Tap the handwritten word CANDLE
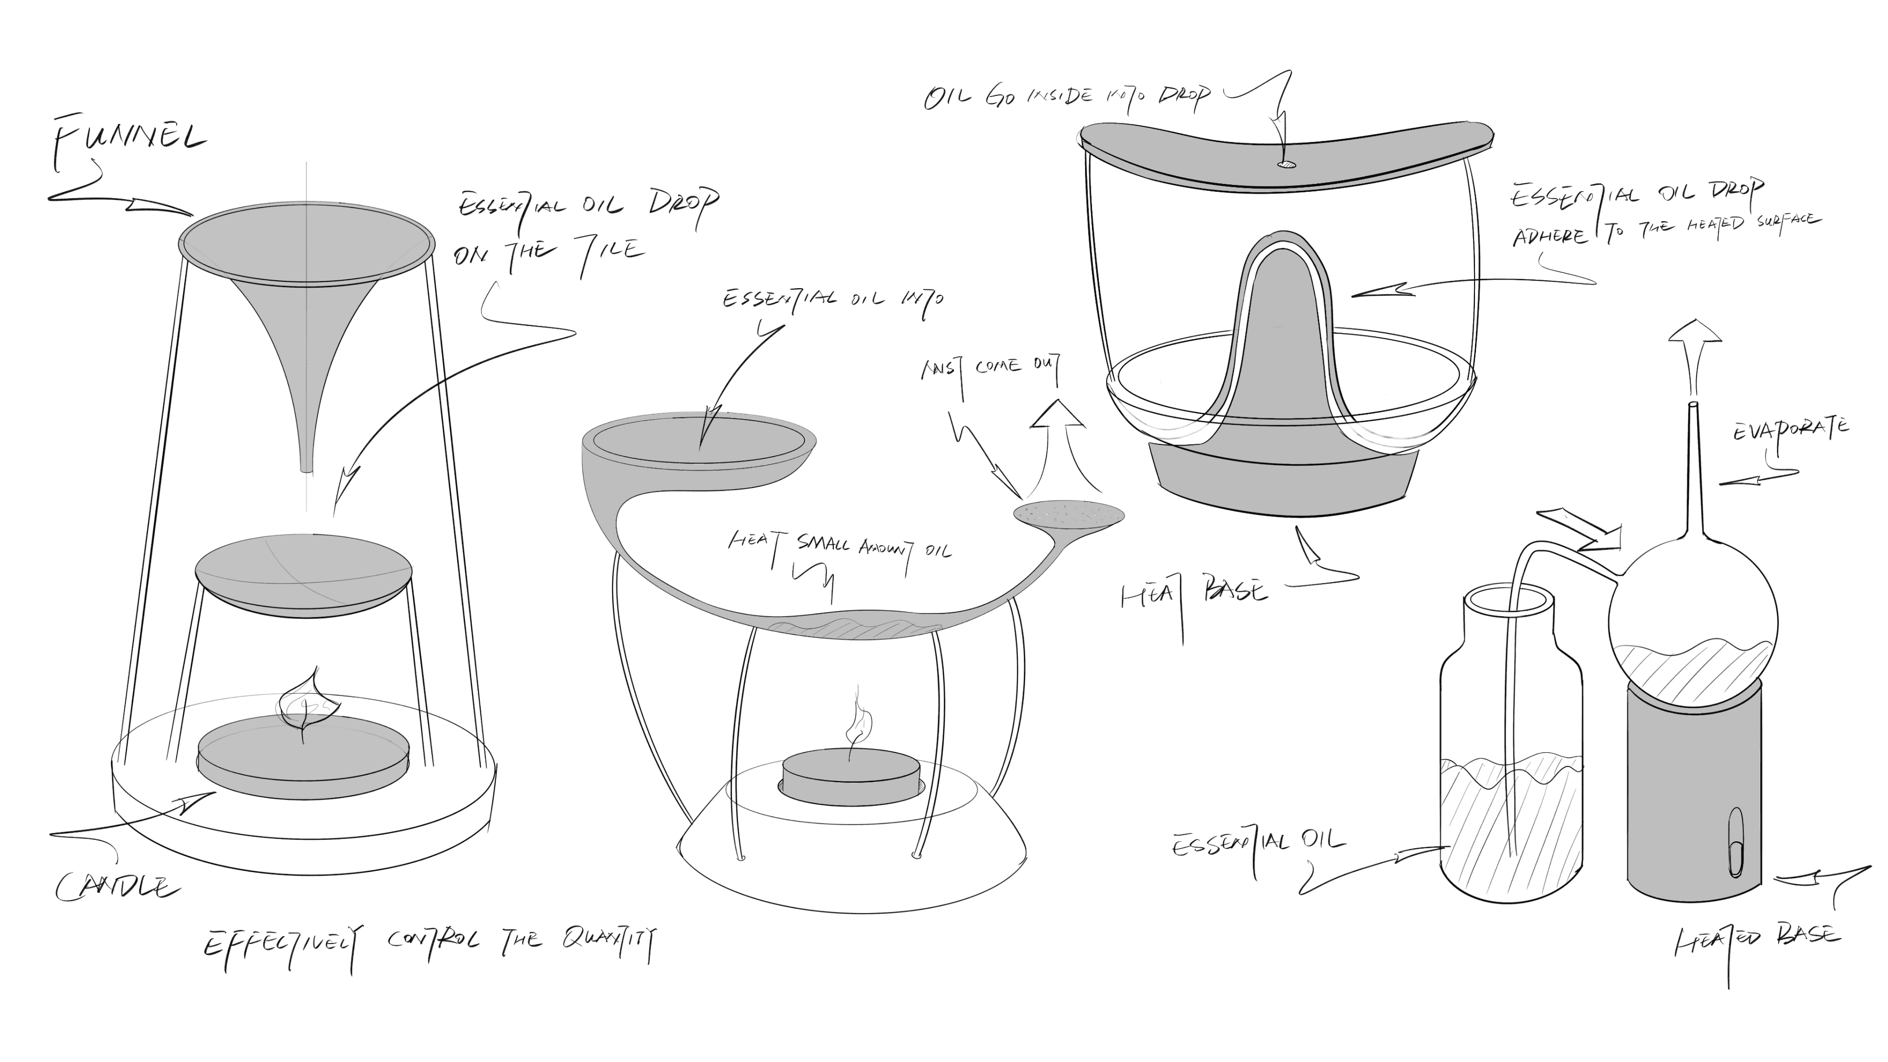118,887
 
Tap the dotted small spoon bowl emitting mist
1068,512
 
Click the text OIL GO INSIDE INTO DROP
1066,97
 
